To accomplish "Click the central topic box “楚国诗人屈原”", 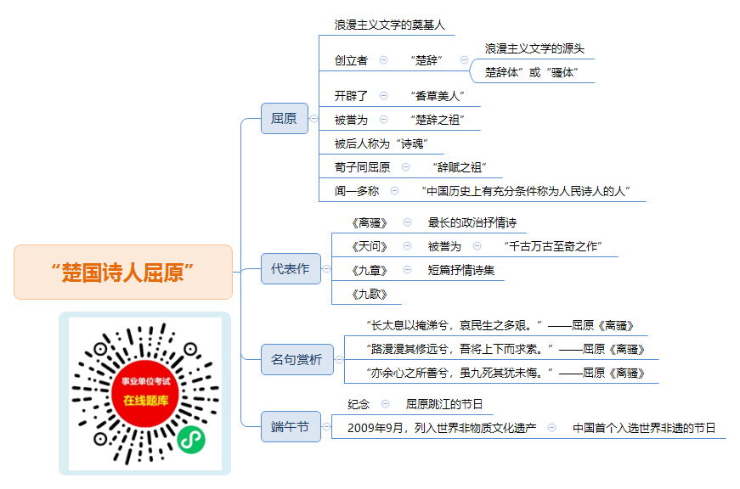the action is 123,272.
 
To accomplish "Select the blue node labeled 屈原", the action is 285,118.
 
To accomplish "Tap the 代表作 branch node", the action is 291,269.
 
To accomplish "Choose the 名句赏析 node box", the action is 297,359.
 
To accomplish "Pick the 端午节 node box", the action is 291,427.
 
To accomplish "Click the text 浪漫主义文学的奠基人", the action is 390,25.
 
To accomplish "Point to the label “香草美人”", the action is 438,96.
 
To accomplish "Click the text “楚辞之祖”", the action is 438,121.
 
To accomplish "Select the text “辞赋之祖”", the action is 460,167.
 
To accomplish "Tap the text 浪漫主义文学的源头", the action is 534,48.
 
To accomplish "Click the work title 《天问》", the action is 370,246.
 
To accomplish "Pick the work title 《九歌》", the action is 370,295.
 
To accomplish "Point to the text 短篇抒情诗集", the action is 461,270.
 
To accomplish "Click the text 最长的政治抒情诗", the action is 472,222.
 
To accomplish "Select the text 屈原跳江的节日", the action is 444,404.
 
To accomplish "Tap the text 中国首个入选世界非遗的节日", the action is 644,428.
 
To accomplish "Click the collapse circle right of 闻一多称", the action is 394,190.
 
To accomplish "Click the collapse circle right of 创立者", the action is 384,60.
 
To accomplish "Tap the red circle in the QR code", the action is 145,393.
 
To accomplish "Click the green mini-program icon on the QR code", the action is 191,440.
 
